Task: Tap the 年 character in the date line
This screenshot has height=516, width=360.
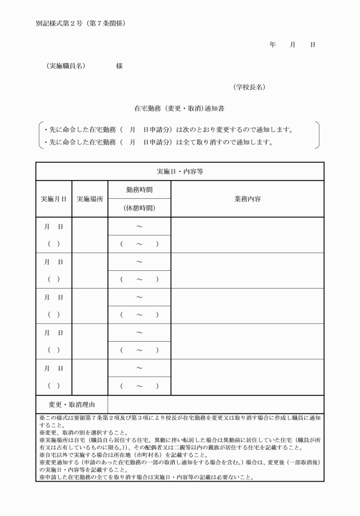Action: coord(273,45)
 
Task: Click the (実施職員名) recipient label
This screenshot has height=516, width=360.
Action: coord(66,66)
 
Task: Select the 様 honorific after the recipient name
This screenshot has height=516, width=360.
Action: coord(119,66)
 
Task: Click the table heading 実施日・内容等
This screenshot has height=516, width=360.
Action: coord(180,171)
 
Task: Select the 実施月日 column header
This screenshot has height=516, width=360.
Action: coord(54,199)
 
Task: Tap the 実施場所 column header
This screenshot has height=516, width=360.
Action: coord(90,199)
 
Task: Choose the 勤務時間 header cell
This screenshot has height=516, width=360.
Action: coord(139,189)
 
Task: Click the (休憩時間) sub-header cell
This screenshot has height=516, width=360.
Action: coord(139,208)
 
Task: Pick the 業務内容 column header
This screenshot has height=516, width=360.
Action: coord(247,199)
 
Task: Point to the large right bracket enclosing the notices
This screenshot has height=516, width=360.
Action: coord(317,135)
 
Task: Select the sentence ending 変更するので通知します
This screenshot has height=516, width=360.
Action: coord(169,129)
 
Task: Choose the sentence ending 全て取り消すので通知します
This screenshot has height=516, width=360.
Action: coord(158,142)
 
